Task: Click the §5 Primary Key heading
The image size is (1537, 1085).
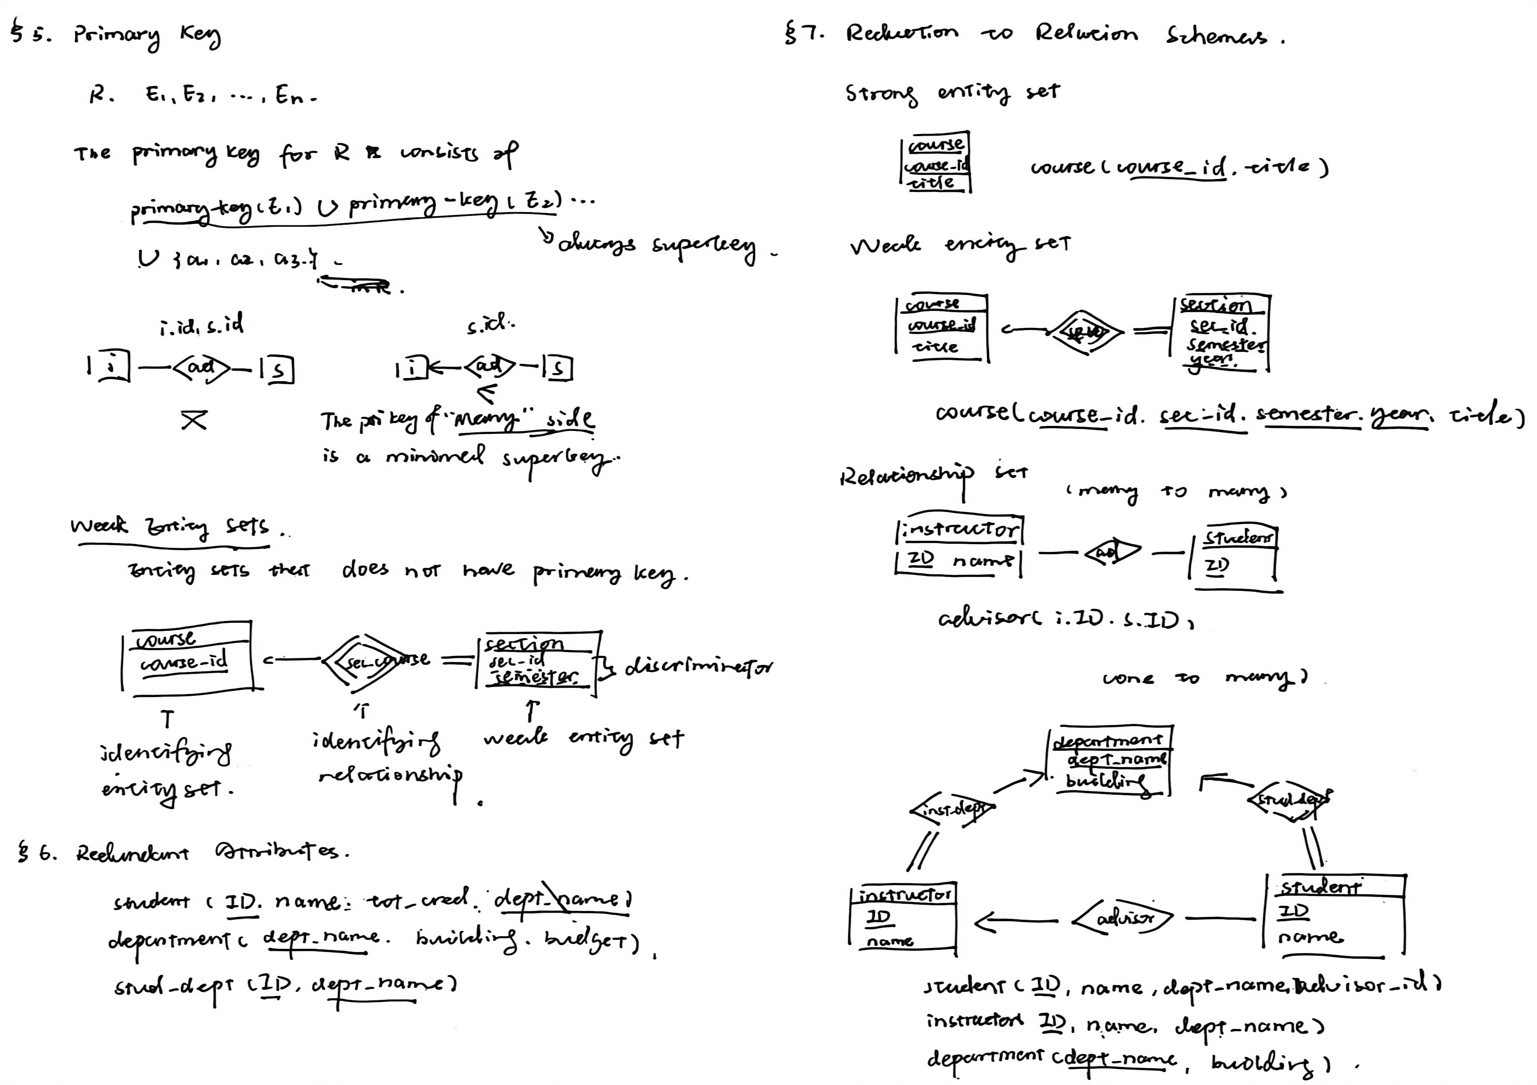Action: [115, 35]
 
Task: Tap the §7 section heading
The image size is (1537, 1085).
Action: [1034, 34]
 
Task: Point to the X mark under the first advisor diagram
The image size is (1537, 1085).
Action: [194, 420]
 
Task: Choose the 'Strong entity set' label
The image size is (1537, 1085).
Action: [952, 93]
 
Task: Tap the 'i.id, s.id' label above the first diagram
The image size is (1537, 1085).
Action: [201, 326]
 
